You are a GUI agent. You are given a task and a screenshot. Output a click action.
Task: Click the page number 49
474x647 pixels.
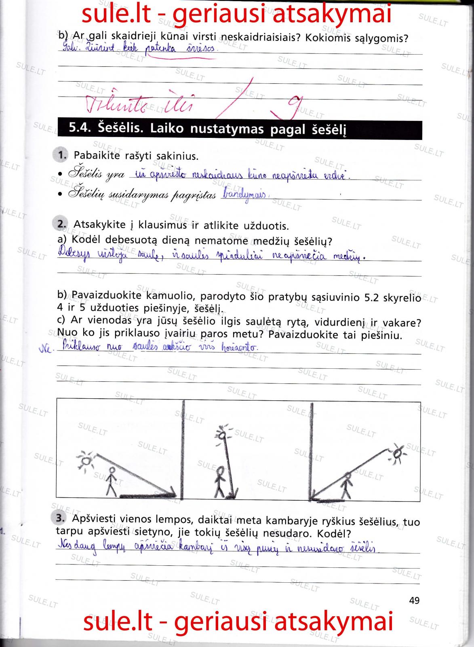pyautogui.click(x=414, y=600)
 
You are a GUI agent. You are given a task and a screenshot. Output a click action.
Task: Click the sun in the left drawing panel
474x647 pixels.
pyautogui.click(x=87, y=460)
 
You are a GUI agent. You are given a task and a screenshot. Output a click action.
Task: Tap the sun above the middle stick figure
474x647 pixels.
pyautogui.click(x=222, y=434)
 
